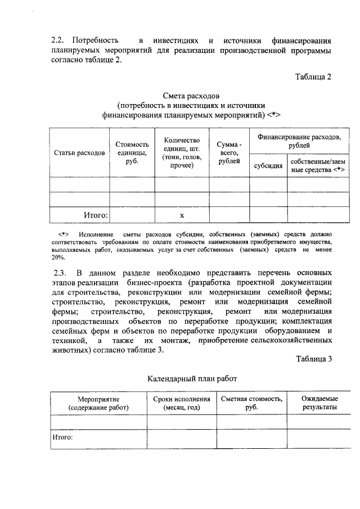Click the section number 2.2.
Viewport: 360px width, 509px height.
(x=58, y=41)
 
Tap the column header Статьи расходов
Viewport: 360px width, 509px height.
(x=79, y=152)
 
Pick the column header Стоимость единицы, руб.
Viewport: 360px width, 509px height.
(x=132, y=152)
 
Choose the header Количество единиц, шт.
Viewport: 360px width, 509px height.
(x=182, y=152)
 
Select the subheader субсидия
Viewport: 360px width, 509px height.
(x=268, y=166)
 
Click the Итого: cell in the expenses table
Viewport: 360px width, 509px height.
(x=96, y=214)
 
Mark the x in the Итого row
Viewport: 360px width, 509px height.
(x=182, y=215)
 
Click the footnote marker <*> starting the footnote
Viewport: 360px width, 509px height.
(x=63, y=233)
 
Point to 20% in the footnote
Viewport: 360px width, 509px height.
(x=58, y=257)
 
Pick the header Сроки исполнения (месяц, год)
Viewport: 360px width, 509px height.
(x=182, y=403)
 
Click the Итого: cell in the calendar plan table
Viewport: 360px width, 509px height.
(x=63, y=436)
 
